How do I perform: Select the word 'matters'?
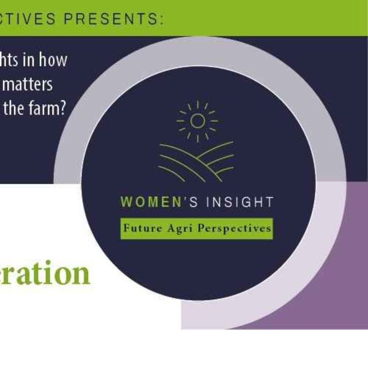click(x=31, y=84)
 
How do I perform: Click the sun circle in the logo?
click(x=198, y=121)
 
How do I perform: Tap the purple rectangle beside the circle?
click(x=339, y=255)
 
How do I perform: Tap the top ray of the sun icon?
click(x=198, y=105)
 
